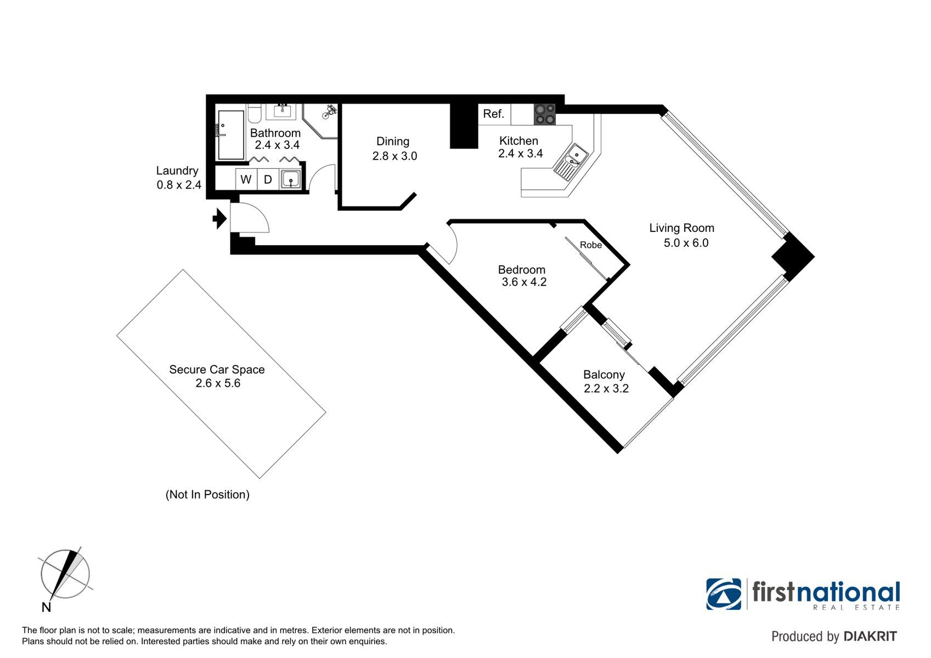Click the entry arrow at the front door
click(220, 219)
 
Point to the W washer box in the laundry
click(246, 179)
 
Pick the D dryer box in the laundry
click(268, 179)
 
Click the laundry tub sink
click(290, 179)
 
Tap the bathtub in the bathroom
click(230, 134)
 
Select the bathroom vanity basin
click(284, 111)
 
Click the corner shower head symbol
click(330, 111)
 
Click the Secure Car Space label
click(217, 370)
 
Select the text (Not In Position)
click(207, 495)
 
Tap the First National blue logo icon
click(724, 594)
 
